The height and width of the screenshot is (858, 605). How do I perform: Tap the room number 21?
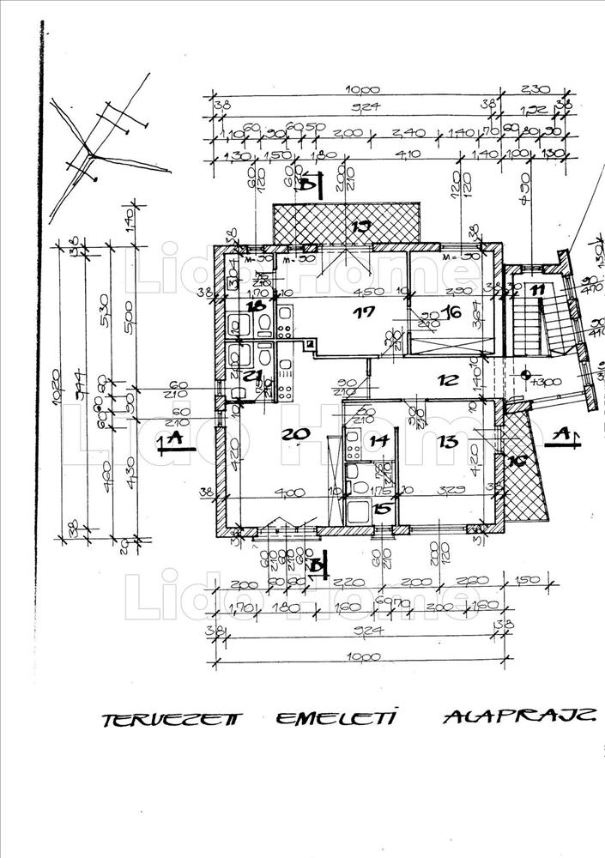pyautogui.click(x=251, y=376)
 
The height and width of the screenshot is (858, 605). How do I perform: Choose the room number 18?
pyautogui.click(x=255, y=305)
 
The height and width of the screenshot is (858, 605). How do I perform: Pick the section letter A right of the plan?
pyautogui.click(x=562, y=434)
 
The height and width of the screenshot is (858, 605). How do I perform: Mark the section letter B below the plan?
pyautogui.click(x=318, y=565)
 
